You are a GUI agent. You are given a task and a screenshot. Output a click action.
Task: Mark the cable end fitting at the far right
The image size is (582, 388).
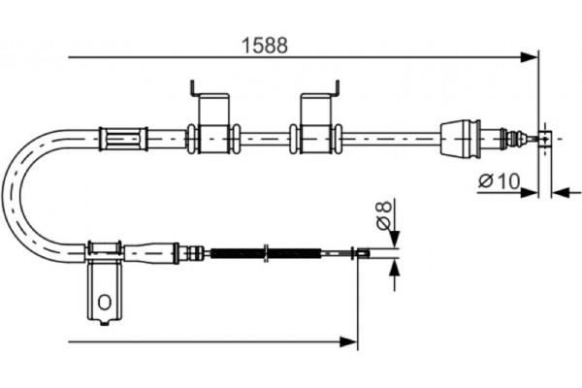tap(545, 139)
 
